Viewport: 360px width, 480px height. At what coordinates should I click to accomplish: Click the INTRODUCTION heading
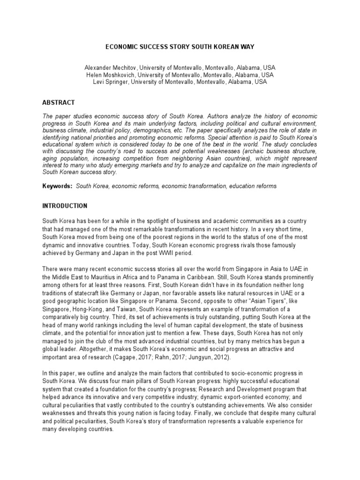[65, 206]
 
